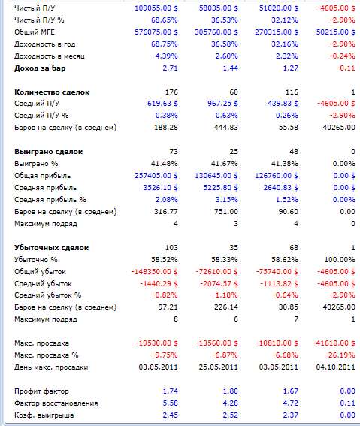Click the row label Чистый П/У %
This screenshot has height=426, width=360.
pos(39,20)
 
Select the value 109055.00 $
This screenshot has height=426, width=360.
pos(156,8)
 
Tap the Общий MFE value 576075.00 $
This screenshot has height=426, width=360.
pos(156,32)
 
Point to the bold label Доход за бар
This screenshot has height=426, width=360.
pos(40,68)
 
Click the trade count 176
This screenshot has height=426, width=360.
pos(171,92)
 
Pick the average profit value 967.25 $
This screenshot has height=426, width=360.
pos(222,104)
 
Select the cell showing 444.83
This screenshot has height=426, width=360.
pos(225,128)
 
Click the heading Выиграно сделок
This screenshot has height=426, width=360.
pos(48,152)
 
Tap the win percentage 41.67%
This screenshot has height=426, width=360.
pos(225,164)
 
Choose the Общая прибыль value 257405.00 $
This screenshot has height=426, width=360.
pos(156,176)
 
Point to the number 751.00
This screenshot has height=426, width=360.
pos(225,212)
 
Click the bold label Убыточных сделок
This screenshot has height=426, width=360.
pos(51,248)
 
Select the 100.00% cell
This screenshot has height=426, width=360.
pos(340,260)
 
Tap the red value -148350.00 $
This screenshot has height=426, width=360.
pos(154,272)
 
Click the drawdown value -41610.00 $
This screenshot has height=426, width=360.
pos(334,343)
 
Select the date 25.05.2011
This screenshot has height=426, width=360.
pos(218,367)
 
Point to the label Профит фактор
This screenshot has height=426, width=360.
pos(41,391)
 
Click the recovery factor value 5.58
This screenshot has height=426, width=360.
pos(171,403)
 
